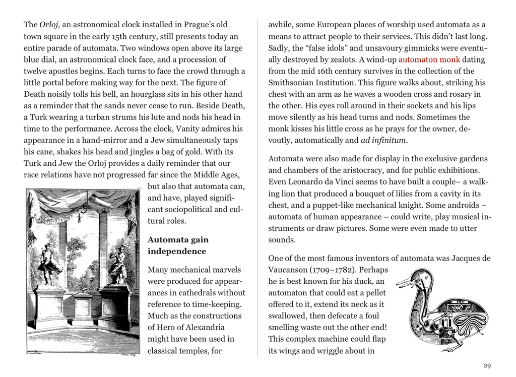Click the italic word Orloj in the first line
click(48, 25)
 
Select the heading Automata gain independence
click(177, 245)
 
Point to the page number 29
click(487, 365)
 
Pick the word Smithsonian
click(294, 71)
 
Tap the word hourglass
click(169, 94)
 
